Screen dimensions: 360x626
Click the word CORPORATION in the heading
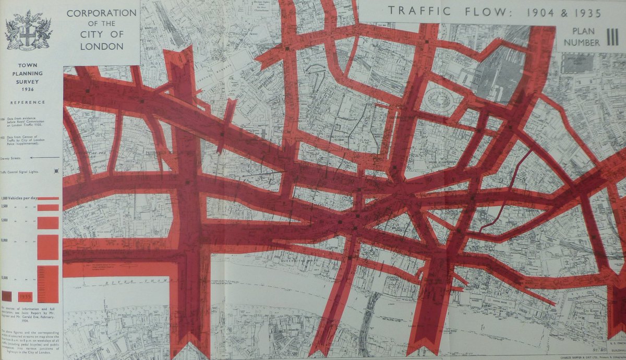point(102,12)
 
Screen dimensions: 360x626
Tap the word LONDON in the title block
point(102,46)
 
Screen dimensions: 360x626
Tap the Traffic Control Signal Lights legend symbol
point(56,171)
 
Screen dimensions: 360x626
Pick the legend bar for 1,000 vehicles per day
point(48,198)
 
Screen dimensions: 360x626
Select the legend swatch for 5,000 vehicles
point(48,223)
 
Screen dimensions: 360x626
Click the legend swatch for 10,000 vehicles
point(48,246)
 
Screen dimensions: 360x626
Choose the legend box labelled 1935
point(26,297)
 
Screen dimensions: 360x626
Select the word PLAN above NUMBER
point(583,31)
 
